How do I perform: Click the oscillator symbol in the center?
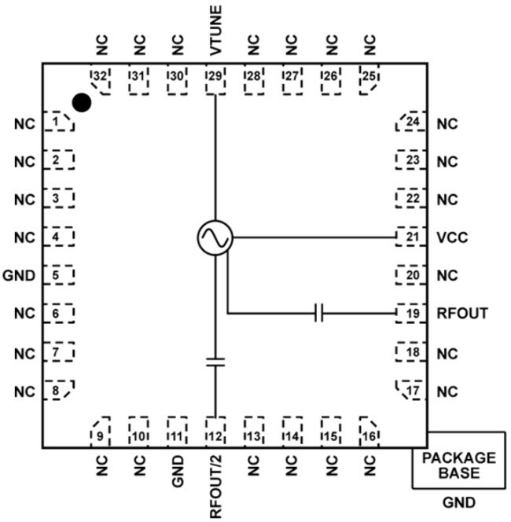point(215,237)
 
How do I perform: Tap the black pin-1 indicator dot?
point(81,102)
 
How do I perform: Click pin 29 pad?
point(215,79)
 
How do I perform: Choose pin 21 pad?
point(410,237)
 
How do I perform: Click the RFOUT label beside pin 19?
point(462,313)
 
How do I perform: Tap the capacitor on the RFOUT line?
point(318,314)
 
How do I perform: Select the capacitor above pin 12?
point(215,362)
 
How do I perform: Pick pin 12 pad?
point(215,431)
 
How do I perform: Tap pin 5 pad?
point(58,275)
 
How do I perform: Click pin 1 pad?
point(58,123)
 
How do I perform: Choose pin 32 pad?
point(100,79)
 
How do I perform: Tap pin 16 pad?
point(368,431)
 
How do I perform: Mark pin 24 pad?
point(410,123)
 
